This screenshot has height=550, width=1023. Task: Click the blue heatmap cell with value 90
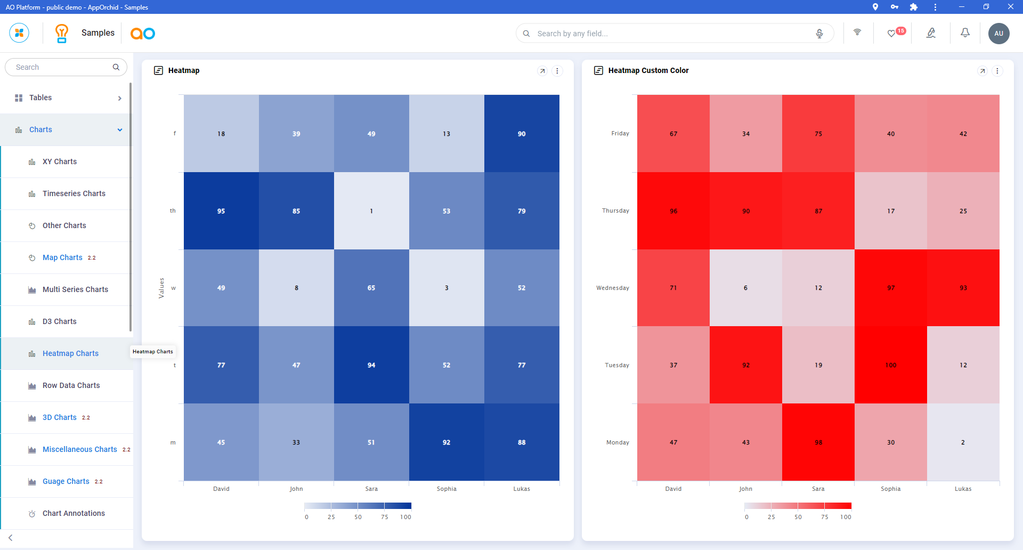point(521,134)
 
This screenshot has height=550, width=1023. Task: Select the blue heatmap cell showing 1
point(371,211)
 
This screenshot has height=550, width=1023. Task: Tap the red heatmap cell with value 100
point(890,365)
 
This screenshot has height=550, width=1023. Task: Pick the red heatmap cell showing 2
point(963,442)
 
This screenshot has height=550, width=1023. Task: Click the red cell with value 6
point(745,288)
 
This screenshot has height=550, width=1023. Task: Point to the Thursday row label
point(615,211)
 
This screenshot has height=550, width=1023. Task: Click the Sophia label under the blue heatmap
point(446,489)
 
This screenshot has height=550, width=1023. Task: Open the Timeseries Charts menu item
point(74,193)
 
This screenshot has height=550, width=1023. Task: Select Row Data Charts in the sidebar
point(71,385)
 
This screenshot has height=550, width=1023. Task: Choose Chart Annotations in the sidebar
point(74,513)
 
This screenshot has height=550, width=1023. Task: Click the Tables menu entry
point(40,98)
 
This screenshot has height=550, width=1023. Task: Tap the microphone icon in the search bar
point(819,34)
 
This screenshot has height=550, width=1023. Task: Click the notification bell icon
point(965,33)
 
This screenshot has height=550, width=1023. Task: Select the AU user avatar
point(998,34)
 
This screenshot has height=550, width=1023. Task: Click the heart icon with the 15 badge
point(891,34)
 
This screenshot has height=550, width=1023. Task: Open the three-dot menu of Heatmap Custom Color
point(997,71)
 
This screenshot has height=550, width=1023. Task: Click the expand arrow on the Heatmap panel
point(542,71)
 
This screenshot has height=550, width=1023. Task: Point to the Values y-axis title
point(161,288)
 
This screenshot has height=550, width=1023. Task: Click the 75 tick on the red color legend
point(824,517)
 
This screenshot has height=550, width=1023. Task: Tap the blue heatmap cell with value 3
point(446,288)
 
